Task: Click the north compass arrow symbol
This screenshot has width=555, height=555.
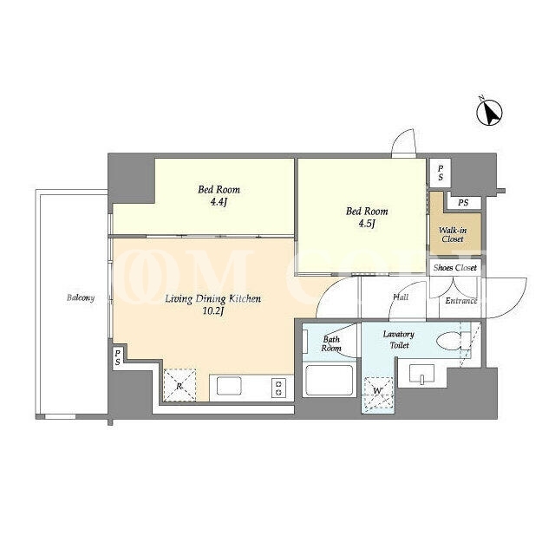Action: [x=489, y=113]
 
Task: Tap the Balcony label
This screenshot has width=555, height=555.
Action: [x=81, y=298]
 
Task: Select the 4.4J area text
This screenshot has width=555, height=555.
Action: [x=219, y=202]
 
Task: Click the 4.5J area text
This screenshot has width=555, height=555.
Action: [x=366, y=224]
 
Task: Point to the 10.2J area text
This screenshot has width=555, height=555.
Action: [x=213, y=311]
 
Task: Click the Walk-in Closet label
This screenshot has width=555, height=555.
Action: [x=453, y=235]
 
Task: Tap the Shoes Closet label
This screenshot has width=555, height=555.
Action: [x=455, y=268]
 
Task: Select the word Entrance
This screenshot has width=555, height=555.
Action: [x=460, y=301]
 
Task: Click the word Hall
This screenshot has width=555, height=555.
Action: [x=401, y=297]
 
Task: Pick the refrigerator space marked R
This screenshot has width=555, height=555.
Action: [x=180, y=385]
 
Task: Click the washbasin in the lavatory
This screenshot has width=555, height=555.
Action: [x=421, y=374]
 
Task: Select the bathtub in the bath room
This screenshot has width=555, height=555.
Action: [x=330, y=380]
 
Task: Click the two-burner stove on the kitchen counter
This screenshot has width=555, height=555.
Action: [x=278, y=388]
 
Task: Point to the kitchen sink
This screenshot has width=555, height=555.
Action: [x=229, y=386]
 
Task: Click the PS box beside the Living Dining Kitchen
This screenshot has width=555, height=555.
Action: [x=118, y=358]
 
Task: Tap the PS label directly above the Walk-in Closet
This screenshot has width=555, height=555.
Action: [x=463, y=203]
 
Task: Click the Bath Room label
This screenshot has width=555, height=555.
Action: [x=331, y=343]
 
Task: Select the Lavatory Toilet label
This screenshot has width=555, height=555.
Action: [x=399, y=339]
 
